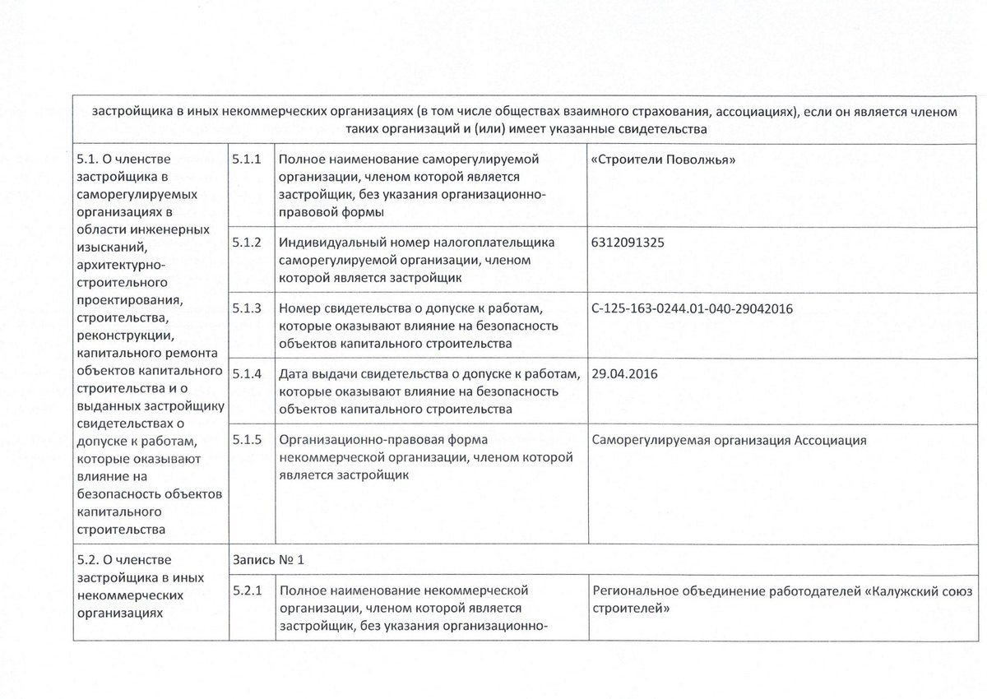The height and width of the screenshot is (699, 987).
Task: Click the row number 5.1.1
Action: [248, 159]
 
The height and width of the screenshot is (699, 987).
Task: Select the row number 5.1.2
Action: [248, 243]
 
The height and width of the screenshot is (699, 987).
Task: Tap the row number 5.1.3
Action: [248, 309]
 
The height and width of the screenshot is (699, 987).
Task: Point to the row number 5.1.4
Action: [248, 374]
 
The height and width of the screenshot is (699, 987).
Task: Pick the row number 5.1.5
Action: [248, 440]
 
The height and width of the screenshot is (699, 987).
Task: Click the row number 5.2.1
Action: [248, 590]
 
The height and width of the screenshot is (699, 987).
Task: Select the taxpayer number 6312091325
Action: [628, 243]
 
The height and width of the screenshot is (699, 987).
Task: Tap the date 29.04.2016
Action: [625, 374]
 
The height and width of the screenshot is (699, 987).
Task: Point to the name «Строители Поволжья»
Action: [663, 159]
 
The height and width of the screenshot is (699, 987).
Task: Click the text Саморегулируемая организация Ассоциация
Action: [729, 440]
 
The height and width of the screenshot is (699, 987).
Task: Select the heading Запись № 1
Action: [269, 560]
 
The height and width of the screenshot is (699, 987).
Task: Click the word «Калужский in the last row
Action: [888, 590]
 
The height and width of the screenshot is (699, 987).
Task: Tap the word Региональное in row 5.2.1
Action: [632, 590]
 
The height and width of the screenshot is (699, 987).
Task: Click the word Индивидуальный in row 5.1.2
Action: [324, 243]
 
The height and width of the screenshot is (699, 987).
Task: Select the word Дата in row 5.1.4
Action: [294, 374]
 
